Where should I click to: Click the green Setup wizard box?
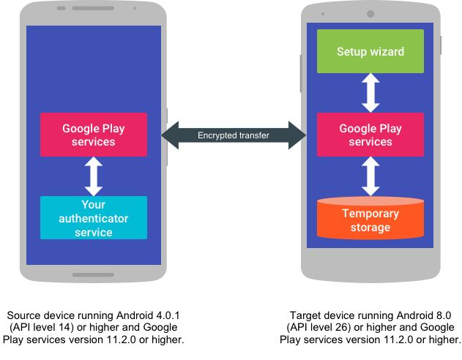pyautogui.click(x=370, y=51)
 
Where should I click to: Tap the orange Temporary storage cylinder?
pyautogui.click(x=370, y=219)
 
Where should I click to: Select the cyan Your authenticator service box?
pyautogui.click(x=94, y=218)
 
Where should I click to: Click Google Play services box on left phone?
pyautogui.click(x=94, y=135)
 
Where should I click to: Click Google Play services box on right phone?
pyautogui.click(x=370, y=135)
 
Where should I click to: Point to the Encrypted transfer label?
pyautogui.click(x=234, y=135)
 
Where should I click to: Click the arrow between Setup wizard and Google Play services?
pyautogui.click(x=371, y=92)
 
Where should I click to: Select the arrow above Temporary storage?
pyautogui.click(x=371, y=176)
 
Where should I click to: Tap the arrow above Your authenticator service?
pyautogui.click(x=94, y=176)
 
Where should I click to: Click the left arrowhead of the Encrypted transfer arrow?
pyautogui.click(x=169, y=135)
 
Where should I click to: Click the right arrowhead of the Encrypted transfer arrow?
pyautogui.click(x=297, y=135)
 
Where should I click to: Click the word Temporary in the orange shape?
pyautogui.click(x=370, y=214)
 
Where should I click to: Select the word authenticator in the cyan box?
pyautogui.click(x=94, y=219)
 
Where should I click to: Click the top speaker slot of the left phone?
pyautogui.click(x=93, y=9)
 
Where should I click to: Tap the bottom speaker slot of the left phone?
pyautogui.click(x=93, y=275)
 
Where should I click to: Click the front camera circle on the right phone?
pyautogui.click(x=370, y=14)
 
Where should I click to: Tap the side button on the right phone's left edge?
pyautogui.click(x=301, y=73)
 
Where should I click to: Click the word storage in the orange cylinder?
pyautogui.click(x=370, y=228)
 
